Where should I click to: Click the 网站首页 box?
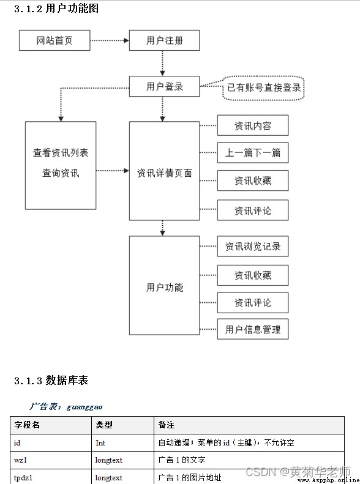(x=54, y=40)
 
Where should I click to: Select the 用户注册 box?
(x=164, y=40)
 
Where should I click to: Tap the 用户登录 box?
(x=164, y=86)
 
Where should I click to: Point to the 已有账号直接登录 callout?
(x=263, y=88)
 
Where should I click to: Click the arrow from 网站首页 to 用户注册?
(x=110, y=40)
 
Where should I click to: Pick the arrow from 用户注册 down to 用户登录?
(x=162, y=63)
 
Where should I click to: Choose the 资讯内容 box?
(x=253, y=125)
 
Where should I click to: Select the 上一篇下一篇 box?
(x=253, y=152)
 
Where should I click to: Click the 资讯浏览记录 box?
(x=253, y=247)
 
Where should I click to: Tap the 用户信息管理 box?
(x=253, y=329)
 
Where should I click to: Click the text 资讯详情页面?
(x=164, y=173)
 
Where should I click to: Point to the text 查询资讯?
(x=61, y=173)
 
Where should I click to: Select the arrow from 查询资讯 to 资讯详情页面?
(x=113, y=170)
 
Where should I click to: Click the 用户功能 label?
(x=165, y=288)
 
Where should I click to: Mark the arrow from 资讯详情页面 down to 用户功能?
(x=162, y=228)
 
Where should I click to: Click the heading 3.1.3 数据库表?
(x=51, y=381)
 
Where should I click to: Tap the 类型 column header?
(x=104, y=425)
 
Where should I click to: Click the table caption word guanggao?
(x=84, y=407)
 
